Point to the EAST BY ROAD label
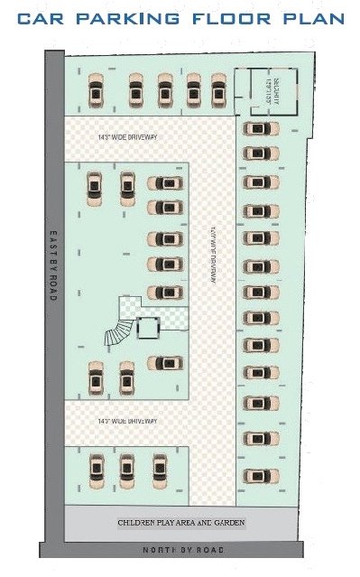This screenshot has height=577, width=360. [x=53, y=265]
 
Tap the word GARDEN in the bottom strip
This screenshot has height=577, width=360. [x=227, y=523]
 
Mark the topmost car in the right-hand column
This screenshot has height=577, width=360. [x=260, y=128]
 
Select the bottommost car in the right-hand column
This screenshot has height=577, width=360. [x=260, y=475]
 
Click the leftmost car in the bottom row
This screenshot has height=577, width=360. [x=97, y=468]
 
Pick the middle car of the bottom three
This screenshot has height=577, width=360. [x=127, y=468]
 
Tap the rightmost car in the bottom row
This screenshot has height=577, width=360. [x=160, y=468]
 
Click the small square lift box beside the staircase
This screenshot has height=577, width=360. [x=148, y=327]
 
